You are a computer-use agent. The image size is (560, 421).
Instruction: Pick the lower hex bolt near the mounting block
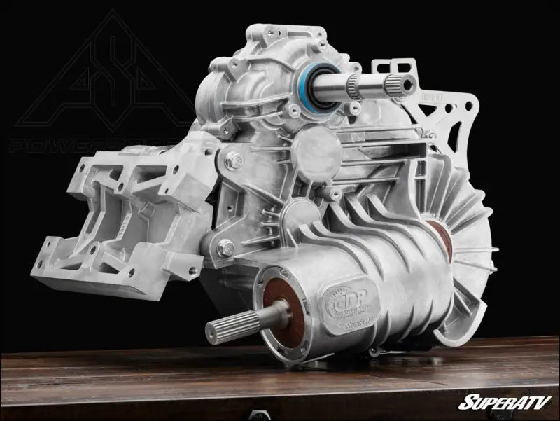point(226,247)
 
